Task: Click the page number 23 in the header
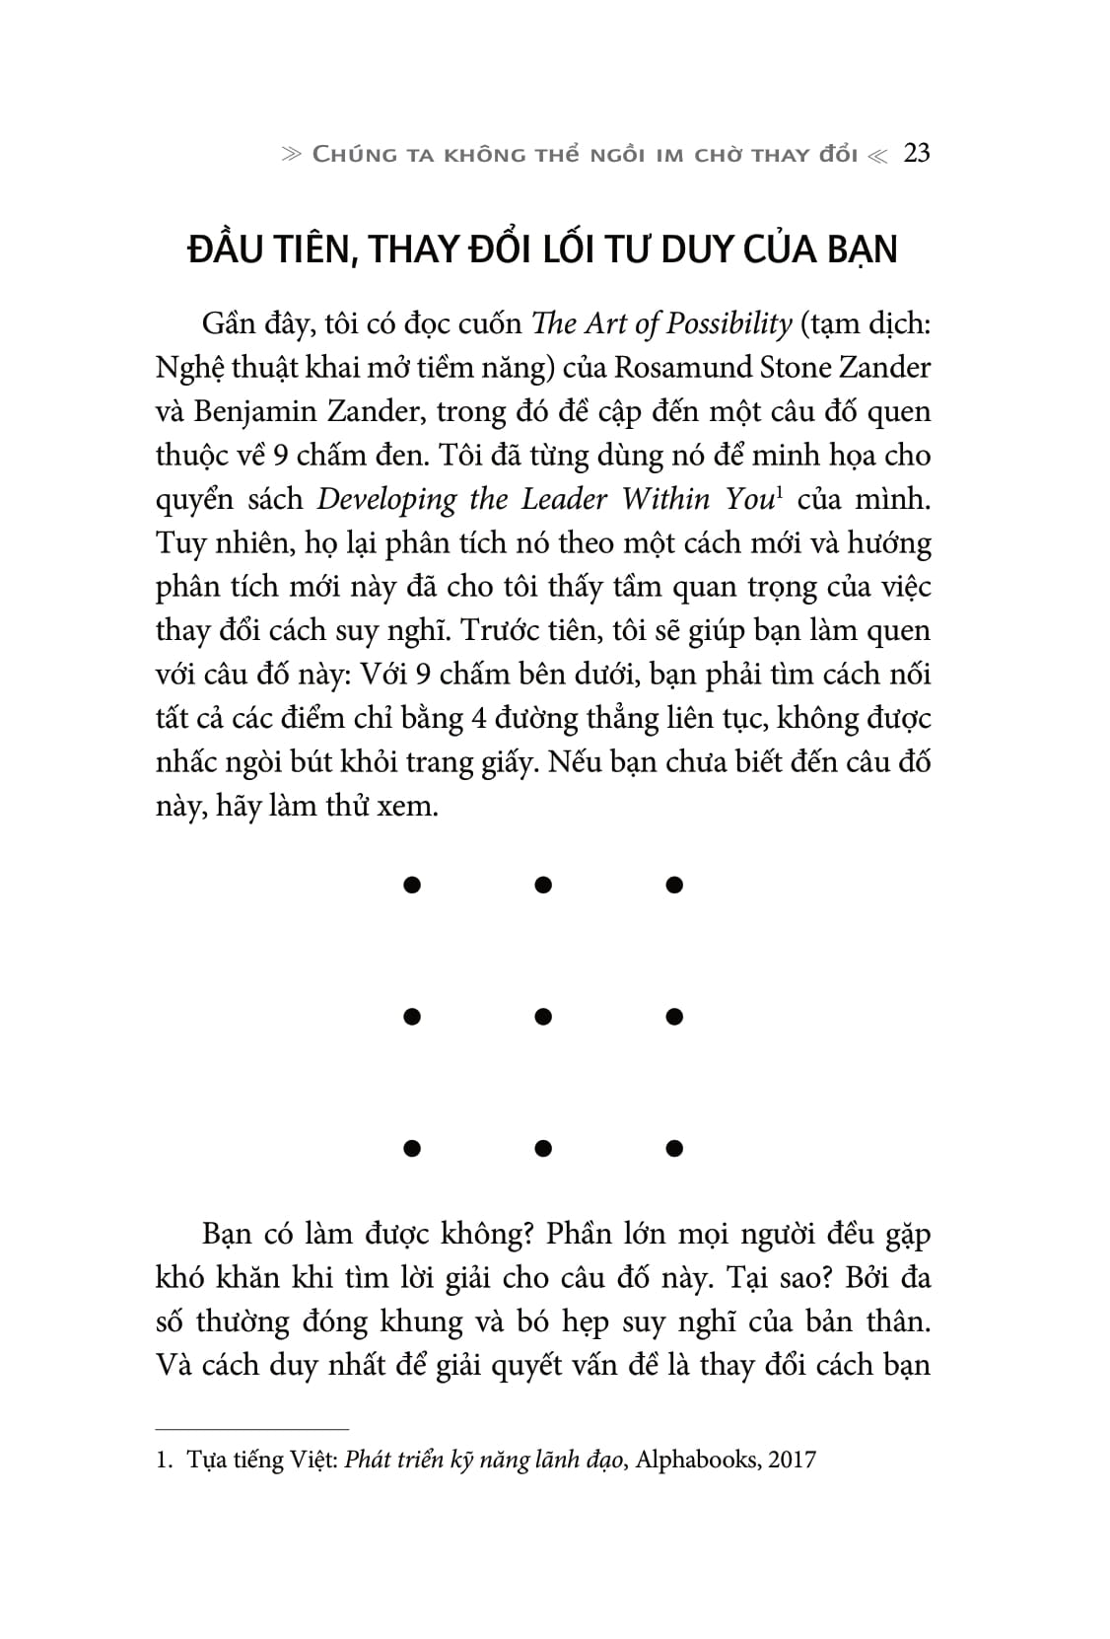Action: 916,154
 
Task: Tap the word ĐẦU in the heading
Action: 228,249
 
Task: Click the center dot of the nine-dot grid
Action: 543,1016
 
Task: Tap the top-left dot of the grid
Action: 412,885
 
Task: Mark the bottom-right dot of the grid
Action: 674,1147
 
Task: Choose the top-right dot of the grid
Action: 674,885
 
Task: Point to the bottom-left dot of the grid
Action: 412,1147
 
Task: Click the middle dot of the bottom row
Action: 543,1147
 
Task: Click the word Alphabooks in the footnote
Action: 696,1460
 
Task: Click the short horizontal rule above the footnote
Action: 252,1428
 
